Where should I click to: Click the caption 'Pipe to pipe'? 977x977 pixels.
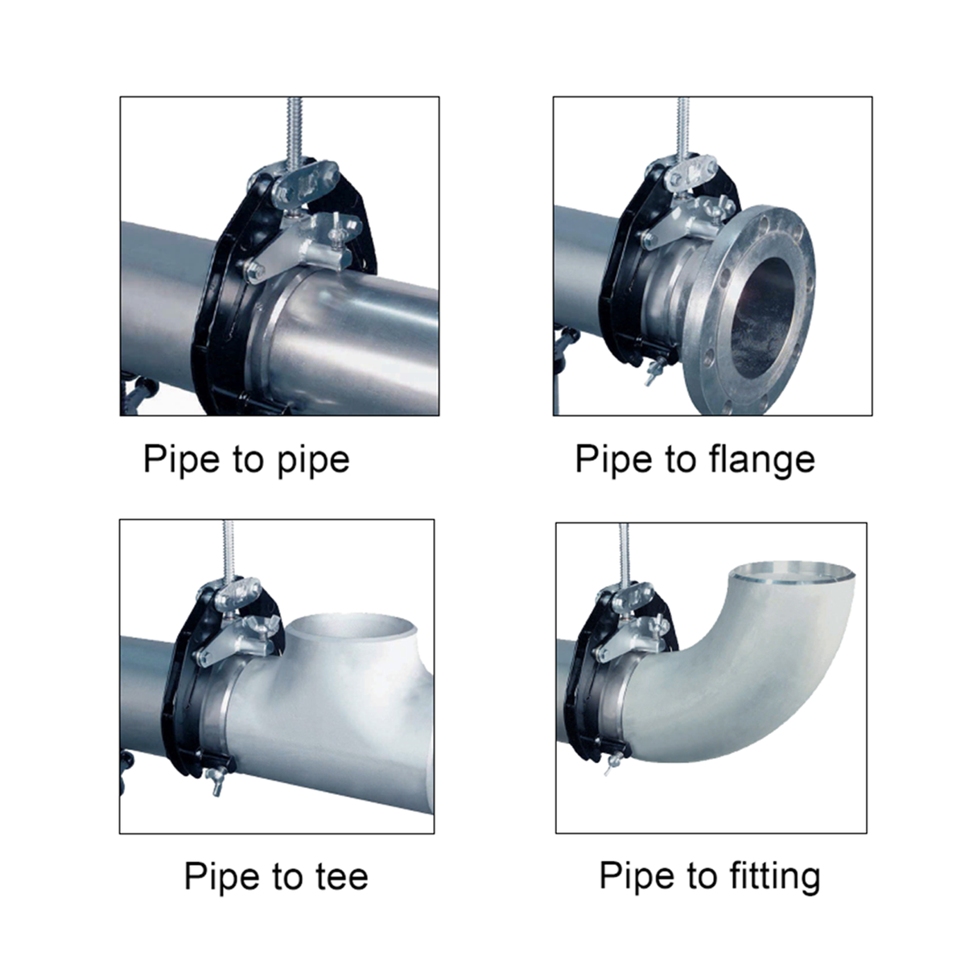[246, 460]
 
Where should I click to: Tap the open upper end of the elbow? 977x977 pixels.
[791, 573]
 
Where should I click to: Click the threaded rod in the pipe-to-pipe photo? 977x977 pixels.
[291, 129]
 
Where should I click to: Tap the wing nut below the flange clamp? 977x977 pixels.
[649, 372]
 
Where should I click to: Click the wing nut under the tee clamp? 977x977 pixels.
[216, 779]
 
